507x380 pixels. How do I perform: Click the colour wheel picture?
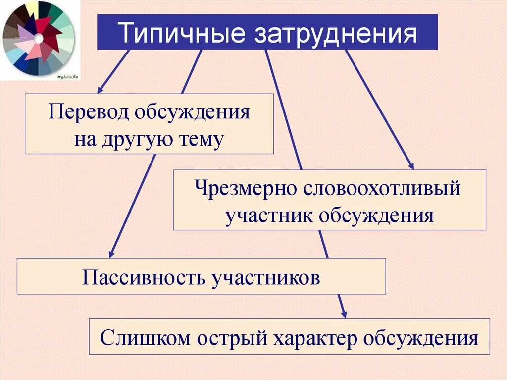39,39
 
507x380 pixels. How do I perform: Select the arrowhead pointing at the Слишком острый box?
344,314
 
